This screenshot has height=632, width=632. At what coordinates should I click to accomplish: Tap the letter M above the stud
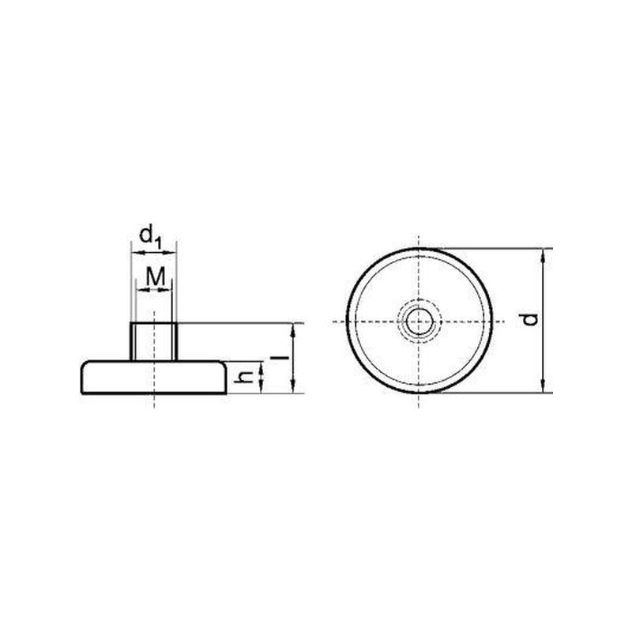click(x=156, y=276)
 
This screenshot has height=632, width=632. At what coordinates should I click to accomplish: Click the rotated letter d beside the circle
click(x=529, y=319)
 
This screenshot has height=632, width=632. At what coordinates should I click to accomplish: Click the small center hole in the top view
click(x=419, y=322)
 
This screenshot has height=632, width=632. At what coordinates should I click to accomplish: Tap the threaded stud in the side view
click(x=153, y=341)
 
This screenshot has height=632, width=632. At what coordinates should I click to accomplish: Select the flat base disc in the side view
click(x=153, y=377)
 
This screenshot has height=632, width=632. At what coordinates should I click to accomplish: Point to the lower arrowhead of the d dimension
click(x=544, y=386)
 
